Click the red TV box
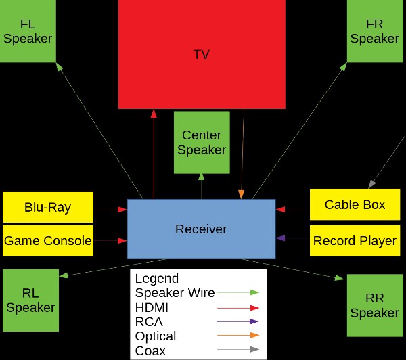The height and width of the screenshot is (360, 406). coord(201,54)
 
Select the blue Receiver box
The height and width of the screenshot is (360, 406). coord(201,229)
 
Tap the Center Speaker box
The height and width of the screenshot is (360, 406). coord(201,143)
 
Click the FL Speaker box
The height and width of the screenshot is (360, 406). coord(27,31)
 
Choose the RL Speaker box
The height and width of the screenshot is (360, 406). coord(30,300)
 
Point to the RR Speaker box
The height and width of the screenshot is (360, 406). coord(375,305)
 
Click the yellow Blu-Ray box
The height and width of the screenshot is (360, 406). coord(47,207)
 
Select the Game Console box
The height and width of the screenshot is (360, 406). coord(47,240)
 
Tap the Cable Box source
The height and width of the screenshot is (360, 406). coord(355,204)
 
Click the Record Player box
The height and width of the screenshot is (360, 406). coord(355,240)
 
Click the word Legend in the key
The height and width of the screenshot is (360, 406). coord(157,279)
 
